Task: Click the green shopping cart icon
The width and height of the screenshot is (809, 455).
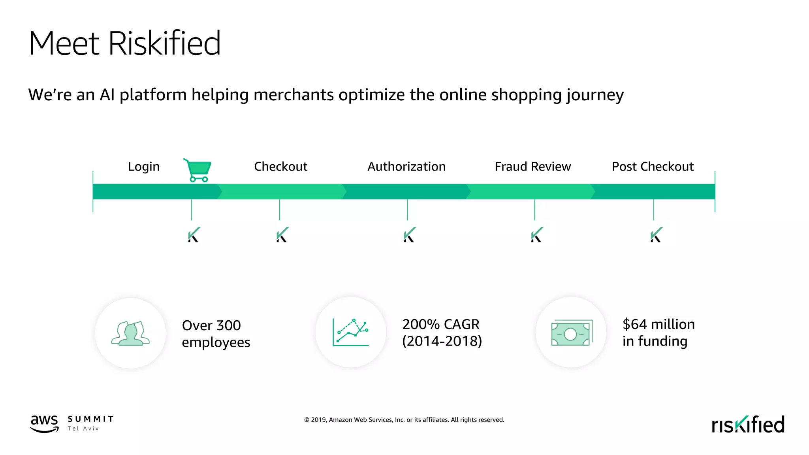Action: [x=198, y=170]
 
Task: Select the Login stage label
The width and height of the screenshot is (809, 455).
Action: [x=144, y=167]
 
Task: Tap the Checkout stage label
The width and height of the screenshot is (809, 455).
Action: [x=280, y=167]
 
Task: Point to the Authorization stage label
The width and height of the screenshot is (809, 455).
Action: [x=406, y=167]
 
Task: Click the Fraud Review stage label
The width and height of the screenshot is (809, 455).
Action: [x=532, y=167]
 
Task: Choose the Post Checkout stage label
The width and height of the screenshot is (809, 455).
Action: [x=653, y=167]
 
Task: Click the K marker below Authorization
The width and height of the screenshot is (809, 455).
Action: [x=409, y=235]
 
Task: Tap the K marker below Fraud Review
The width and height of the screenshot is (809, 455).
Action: [x=537, y=235]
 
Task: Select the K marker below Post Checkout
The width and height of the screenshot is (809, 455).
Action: [x=656, y=235]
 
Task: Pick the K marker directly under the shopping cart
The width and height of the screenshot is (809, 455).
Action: [x=194, y=235]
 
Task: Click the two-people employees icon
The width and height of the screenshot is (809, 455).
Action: [x=130, y=333]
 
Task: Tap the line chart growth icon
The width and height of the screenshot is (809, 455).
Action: [x=351, y=332]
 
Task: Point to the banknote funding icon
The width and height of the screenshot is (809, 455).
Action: [x=571, y=333]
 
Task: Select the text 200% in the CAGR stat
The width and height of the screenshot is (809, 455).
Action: [x=421, y=324]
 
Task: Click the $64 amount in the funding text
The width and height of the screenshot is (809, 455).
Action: [x=635, y=324]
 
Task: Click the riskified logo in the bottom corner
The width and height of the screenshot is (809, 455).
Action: [x=748, y=425]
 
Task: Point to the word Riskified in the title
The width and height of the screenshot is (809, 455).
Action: [x=164, y=43]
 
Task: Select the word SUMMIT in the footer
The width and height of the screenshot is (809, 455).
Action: [x=90, y=419]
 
